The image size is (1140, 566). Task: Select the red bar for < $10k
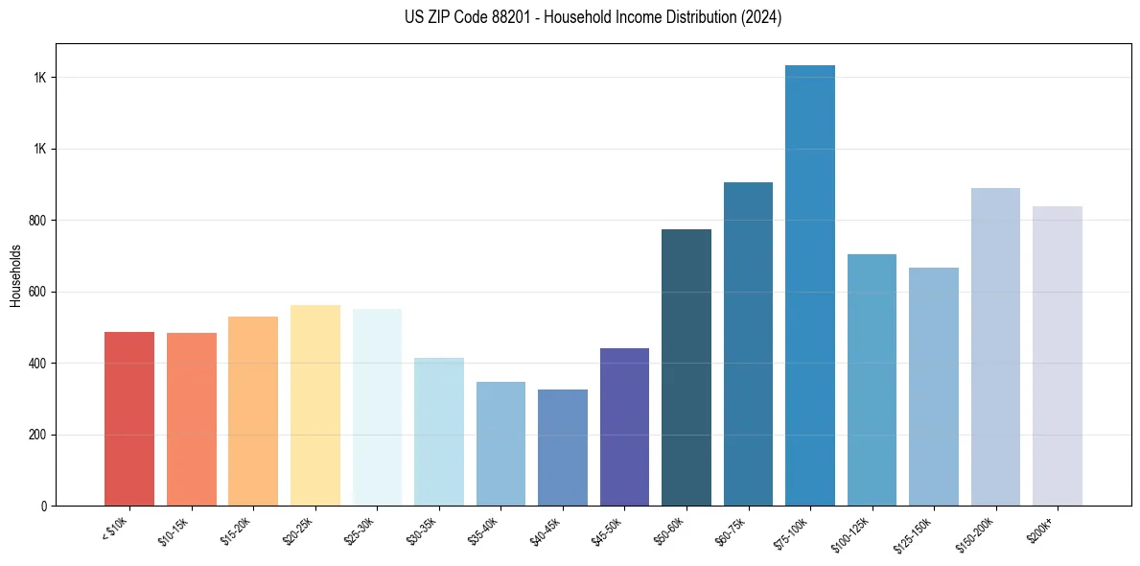(x=129, y=419)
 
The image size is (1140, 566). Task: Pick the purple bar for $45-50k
(x=624, y=427)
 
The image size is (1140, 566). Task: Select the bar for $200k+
(x=1057, y=356)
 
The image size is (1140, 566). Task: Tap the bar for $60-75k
(x=748, y=344)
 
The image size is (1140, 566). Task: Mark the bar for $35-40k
(x=500, y=444)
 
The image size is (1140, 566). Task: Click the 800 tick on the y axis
(x=37, y=221)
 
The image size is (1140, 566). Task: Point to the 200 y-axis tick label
(x=37, y=436)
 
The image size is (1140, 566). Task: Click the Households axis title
(x=15, y=275)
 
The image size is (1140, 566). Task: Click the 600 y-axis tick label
(x=37, y=293)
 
